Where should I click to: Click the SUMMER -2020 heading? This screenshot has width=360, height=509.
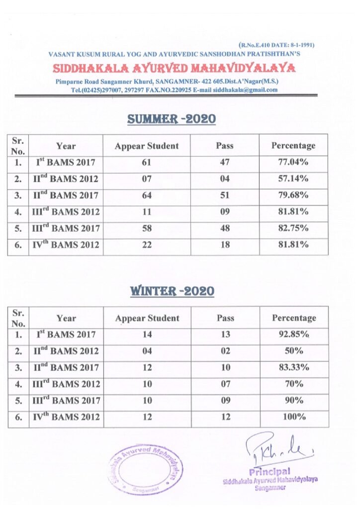(x=172, y=119)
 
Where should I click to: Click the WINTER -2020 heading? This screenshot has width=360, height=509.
(x=172, y=291)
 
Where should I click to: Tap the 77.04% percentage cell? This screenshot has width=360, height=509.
(x=293, y=162)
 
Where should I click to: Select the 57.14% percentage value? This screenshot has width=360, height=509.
(x=293, y=178)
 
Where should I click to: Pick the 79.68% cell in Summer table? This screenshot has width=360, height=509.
(x=293, y=195)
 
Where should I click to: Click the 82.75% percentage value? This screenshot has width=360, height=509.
(x=293, y=228)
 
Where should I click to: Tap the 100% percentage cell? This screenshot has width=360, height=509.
(x=294, y=417)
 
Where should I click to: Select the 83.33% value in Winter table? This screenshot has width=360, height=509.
(x=294, y=367)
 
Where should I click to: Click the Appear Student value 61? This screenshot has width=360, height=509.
(x=147, y=162)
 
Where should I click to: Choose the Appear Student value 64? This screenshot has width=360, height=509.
(x=147, y=195)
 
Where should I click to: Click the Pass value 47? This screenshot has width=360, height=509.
(x=225, y=162)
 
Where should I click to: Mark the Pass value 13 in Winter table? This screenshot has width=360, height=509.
(x=225, y=335)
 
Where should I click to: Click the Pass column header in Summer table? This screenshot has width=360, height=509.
(x=225, y=146)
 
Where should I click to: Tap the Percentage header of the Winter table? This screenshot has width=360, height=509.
(x=294, y=318)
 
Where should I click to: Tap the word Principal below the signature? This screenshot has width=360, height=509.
(x=270, y=471)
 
